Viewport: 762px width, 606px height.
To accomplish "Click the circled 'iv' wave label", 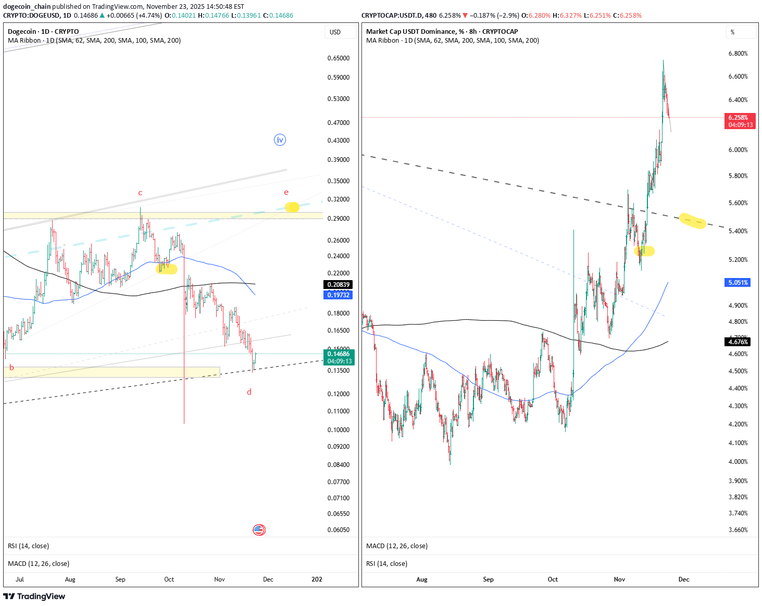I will point(280,140).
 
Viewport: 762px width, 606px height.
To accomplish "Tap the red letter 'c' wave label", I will point(140,193).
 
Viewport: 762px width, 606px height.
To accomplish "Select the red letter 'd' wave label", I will point(249,392).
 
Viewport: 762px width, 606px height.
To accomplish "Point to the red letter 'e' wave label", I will point(286,193).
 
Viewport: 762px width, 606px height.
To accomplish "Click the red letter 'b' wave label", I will point(11,368).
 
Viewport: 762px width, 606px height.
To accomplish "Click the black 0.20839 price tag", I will point(338,285).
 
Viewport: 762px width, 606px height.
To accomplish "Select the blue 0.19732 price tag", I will point(338,295).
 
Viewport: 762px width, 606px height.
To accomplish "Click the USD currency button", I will point(335,32).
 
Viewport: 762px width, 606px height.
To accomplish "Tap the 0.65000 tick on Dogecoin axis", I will point(339,58).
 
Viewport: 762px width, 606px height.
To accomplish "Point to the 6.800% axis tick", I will point(738,54).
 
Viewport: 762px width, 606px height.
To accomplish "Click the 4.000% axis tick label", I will point(738,462).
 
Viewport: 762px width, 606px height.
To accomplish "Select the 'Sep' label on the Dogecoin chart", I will point(120,579).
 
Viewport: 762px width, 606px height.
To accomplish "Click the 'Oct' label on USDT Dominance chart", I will point(553,579).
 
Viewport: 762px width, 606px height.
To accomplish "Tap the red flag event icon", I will point(259,530).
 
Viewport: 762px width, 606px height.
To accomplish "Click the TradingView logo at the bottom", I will point(34,597).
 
